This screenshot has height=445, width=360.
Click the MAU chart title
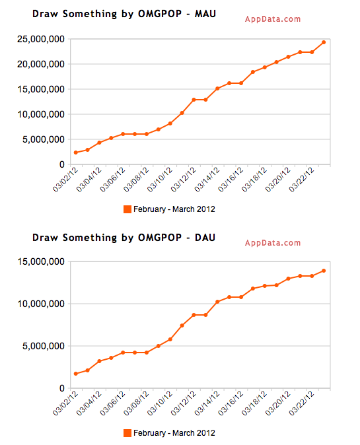124,14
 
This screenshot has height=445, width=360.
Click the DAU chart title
124,238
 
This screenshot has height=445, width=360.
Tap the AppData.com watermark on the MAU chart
273,19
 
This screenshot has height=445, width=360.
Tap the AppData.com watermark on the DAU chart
273,243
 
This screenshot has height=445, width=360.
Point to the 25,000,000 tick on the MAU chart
41,39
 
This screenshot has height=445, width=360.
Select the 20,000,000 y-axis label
41,64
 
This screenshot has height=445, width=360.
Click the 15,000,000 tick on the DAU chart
41,261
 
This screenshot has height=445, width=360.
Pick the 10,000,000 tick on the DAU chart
41,304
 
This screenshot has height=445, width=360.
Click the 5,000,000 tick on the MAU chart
44,139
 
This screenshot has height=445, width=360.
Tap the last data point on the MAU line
324,42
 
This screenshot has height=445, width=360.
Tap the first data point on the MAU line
76,153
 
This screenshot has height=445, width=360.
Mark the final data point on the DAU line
324,271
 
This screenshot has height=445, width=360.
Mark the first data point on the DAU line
76,374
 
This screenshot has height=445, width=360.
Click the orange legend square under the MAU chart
127,209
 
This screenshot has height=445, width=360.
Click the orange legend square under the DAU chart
127,433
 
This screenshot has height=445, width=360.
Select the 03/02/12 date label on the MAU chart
65,180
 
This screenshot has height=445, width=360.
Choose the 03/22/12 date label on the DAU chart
301,403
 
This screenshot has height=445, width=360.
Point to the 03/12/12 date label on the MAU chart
184,180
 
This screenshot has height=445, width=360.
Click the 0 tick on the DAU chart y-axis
62,388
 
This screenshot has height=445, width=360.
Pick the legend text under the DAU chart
174,433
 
